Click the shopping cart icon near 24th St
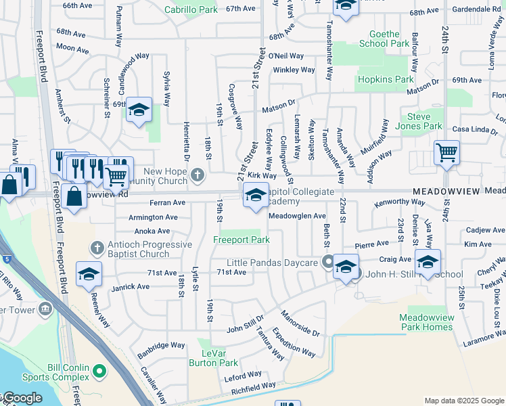click(x=446, y=152)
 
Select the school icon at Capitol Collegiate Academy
click(x=255, y=196)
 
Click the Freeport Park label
click(x=241, y=240)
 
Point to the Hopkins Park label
click(x=385, y=79)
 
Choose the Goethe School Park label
click(x=389, y=39)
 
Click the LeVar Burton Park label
click(x=218, y=358)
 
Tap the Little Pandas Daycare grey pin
click(x=327, y=262)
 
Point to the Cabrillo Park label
click(x=191, y=9)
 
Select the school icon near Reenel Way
click(x=89, y=273)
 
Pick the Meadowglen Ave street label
click(x=297, y=216)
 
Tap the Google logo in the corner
click(x=22, y=399)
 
